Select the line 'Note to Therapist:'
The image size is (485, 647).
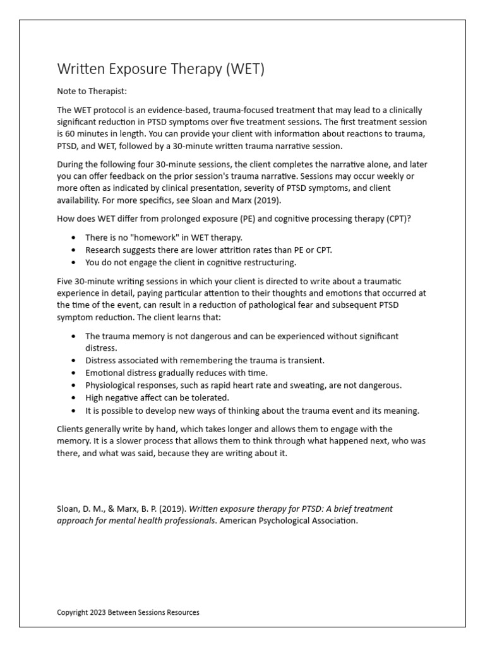click(92, 91)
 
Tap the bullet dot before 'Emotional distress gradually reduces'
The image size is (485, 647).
click(75, 373)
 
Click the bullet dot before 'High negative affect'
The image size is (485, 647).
click(75, 397)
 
